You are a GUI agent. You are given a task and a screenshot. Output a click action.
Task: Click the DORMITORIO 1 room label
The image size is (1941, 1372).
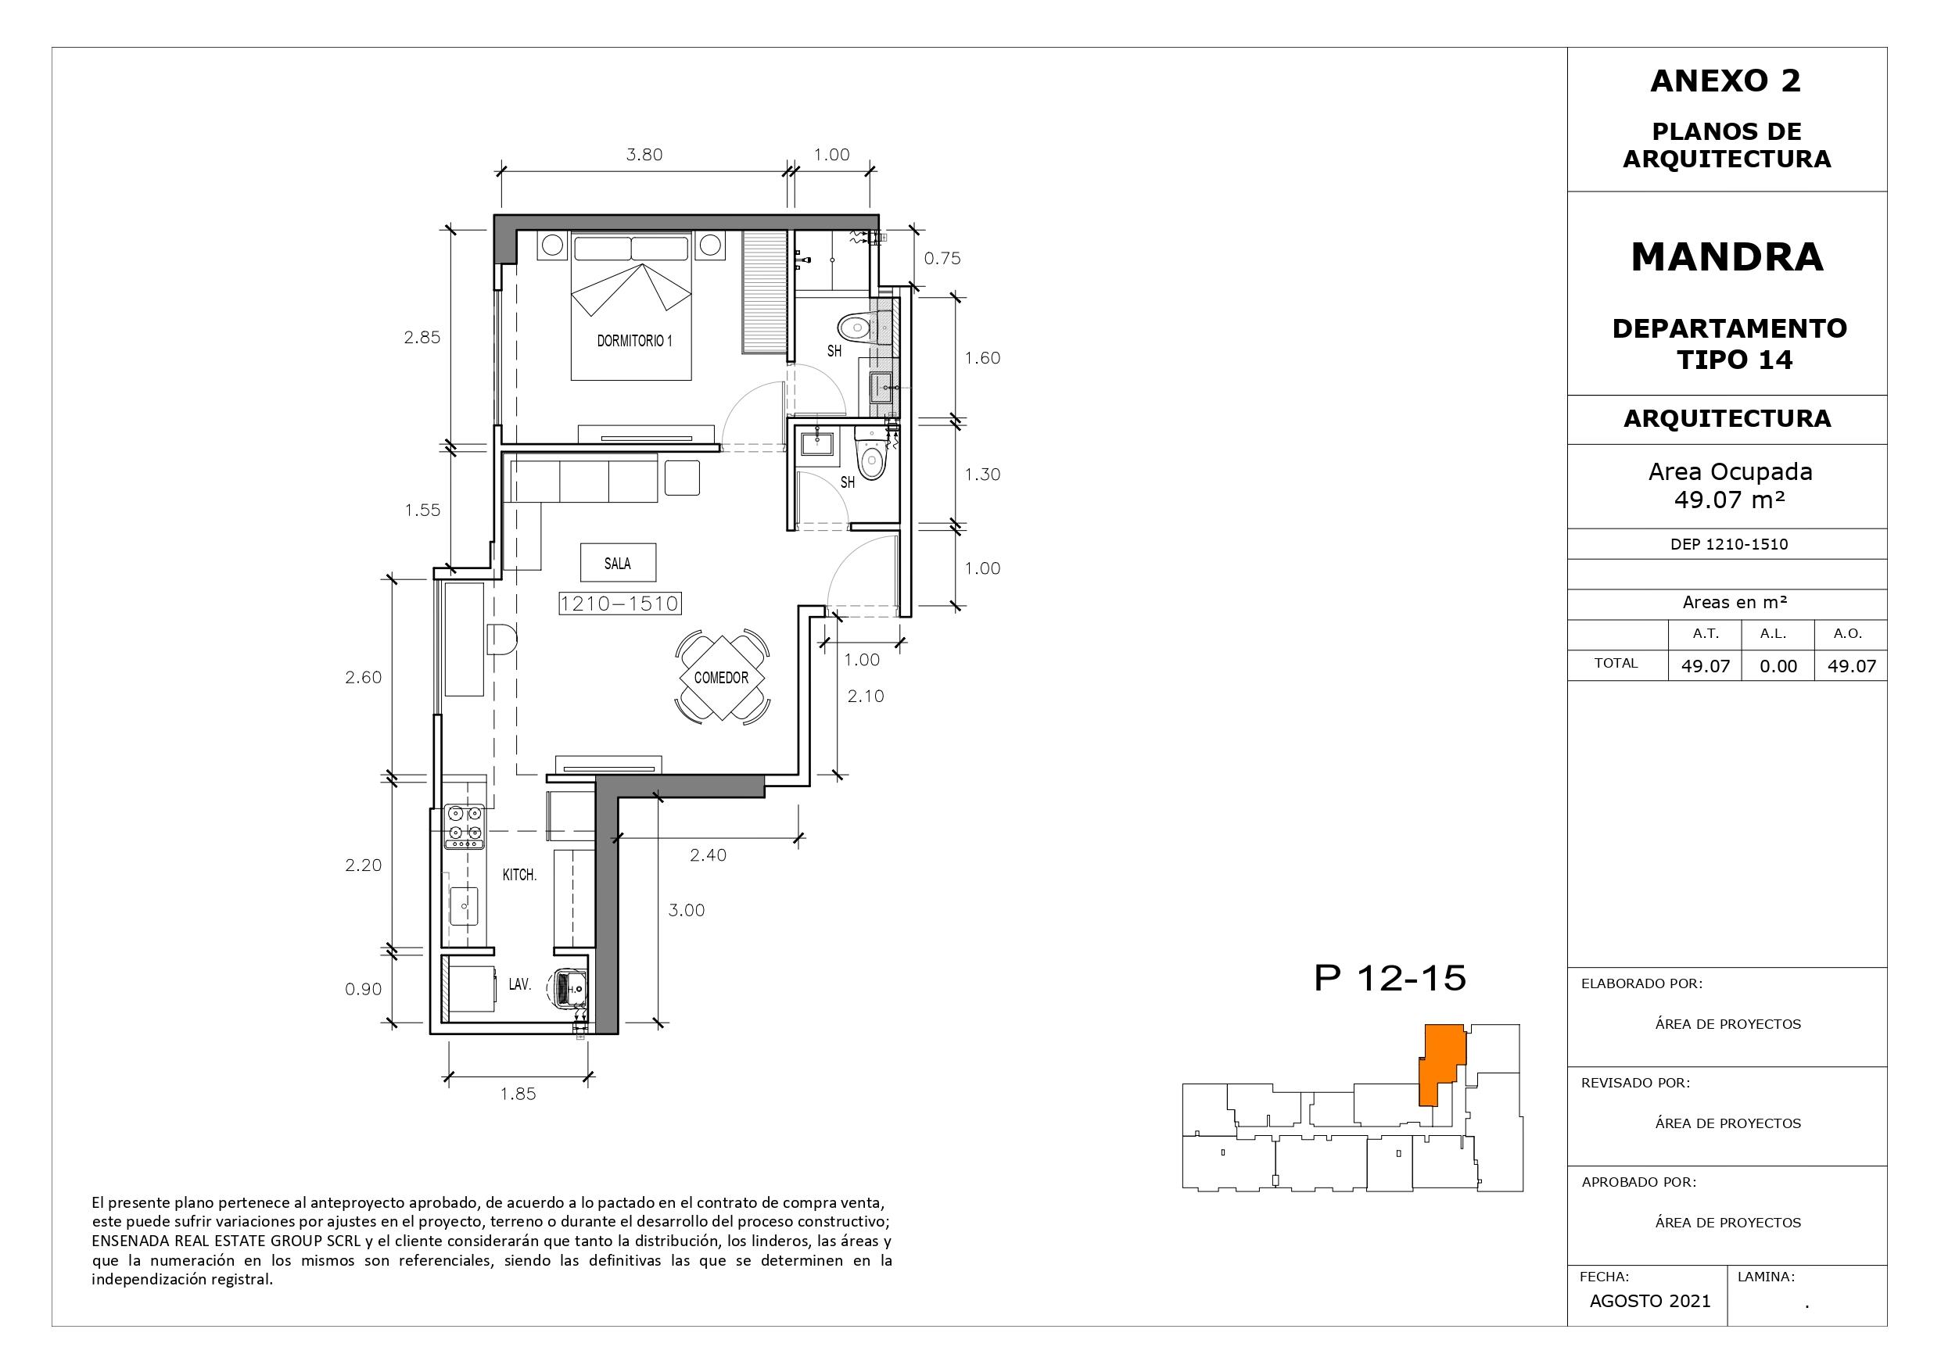point(634,341)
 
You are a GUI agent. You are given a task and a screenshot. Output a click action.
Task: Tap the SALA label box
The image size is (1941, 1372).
point(618,563)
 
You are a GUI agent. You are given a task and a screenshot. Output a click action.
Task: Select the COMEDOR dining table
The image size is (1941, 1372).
point(722,677)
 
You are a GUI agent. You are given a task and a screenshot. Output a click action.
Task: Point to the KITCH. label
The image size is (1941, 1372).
point(519,875)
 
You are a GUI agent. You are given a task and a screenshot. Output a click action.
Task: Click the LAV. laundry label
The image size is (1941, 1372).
point(519,984)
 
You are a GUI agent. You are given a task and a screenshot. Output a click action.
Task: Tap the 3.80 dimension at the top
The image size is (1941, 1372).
point(644,155)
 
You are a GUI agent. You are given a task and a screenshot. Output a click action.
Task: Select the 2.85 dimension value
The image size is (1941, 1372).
point(422,337)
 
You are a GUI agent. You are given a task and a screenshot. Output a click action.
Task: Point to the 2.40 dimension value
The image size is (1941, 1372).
point(708,854)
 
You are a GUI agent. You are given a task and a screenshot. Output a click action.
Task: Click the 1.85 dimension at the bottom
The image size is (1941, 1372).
point(518,1093)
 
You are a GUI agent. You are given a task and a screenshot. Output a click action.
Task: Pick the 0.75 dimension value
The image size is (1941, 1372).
point(942,259)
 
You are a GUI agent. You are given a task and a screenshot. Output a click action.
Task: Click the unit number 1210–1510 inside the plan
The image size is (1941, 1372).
point(619,604)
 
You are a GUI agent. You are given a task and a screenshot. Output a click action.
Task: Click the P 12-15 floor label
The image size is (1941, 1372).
point(1390,978)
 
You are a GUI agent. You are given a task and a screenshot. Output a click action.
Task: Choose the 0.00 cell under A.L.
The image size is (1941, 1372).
point(1778,666)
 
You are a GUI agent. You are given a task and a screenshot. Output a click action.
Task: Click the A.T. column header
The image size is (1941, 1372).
point(1705,633)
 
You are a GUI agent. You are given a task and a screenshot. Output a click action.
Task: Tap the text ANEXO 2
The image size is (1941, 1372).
point(1725,81)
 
